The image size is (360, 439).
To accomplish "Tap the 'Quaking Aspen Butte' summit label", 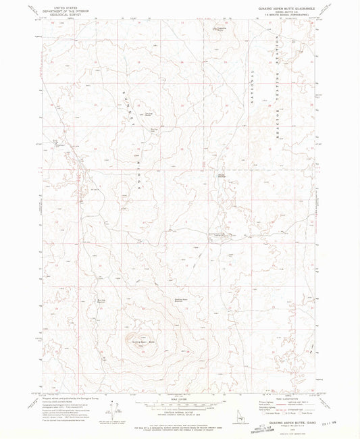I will [139, 341].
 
